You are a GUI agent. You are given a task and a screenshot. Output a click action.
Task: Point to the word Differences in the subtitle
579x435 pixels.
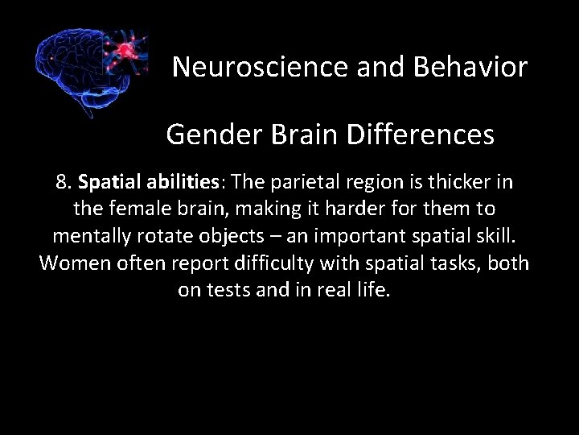pyautogui.click(x=421, y=135)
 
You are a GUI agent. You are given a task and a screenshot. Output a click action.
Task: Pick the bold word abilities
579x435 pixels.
pyautogui.click(x=179, y=183)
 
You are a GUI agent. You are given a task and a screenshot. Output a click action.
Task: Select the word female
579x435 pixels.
pyautogui.click(x=136, y=209)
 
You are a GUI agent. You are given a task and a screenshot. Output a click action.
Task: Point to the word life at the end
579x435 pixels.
pyautogui.click(x=374, y=289)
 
